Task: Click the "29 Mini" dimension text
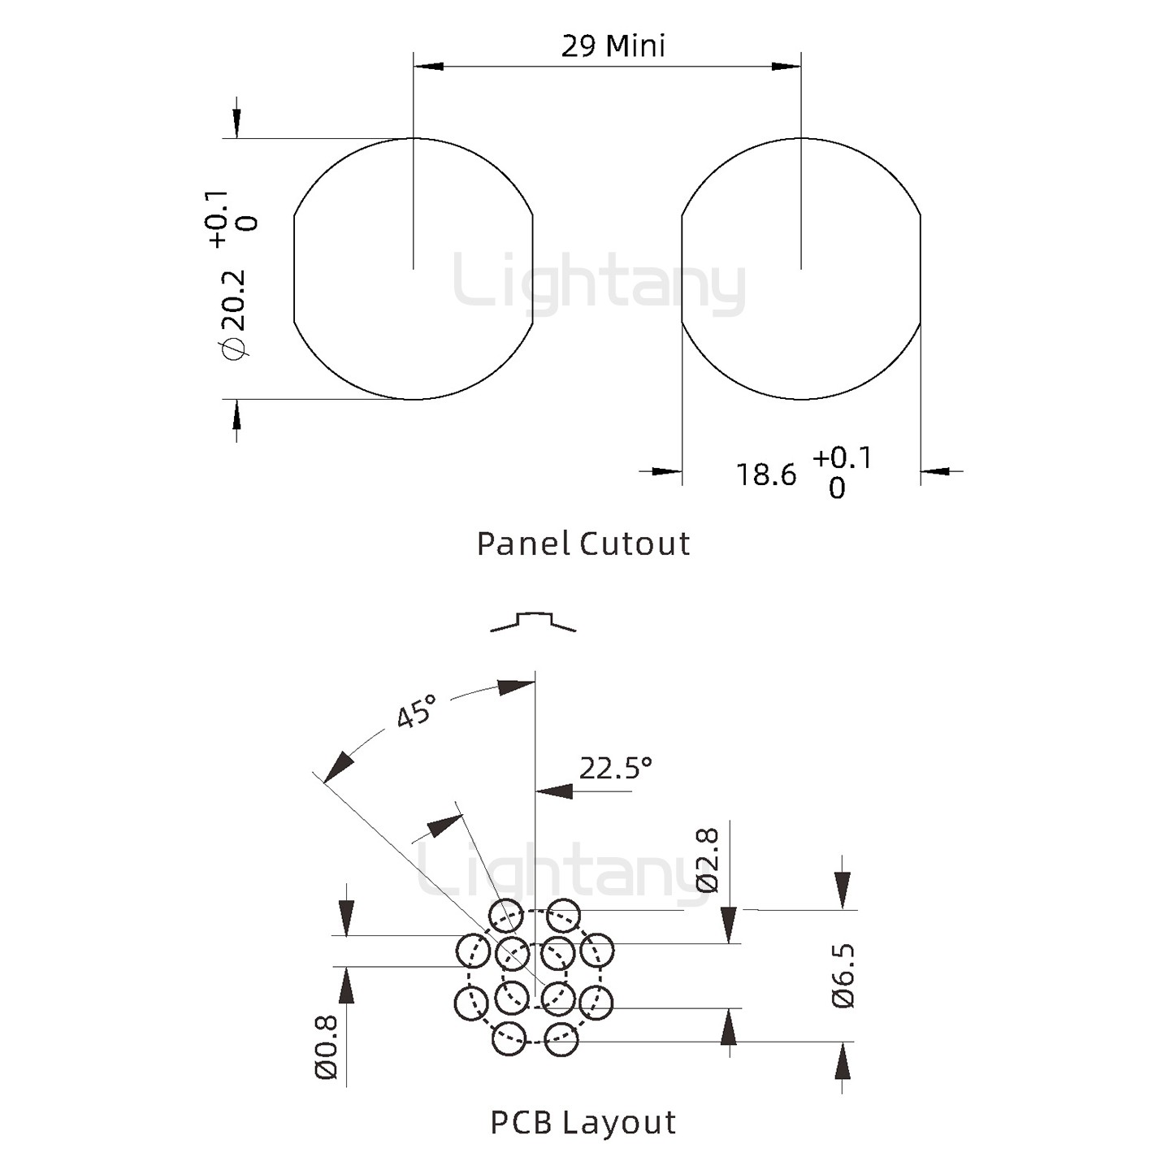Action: [x=613, y=46]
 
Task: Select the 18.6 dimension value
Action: [x=766, y=474]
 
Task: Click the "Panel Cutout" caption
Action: [x=583, y=544]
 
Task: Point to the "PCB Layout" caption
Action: [x=583, y=1122]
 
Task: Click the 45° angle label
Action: [x=416, y=712]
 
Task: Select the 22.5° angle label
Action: [x=615, y=768]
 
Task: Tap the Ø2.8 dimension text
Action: [x=708, y=860]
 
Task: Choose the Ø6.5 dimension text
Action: [x=843, y=975]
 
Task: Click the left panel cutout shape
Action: [x=413, y=269]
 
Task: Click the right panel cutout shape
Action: [x=801, y=269]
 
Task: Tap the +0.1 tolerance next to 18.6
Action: [x=842, y=458]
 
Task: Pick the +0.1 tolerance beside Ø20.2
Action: [x=219, y=219]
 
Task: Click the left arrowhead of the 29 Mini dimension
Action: [x=428, y=65]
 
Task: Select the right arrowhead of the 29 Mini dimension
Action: [x=786, y=65]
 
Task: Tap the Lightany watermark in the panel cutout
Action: [x=600, y=284]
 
